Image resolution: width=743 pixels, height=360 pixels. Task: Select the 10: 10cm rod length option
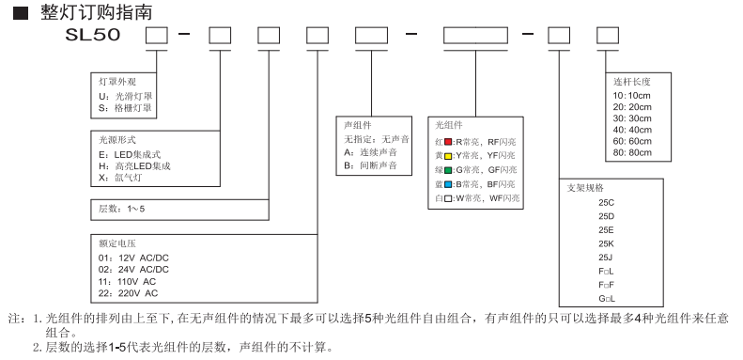(x=633, y=95)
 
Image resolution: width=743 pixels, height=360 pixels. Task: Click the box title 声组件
(x=358, y=124)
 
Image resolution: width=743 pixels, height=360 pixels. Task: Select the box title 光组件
(x=449, y=124)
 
